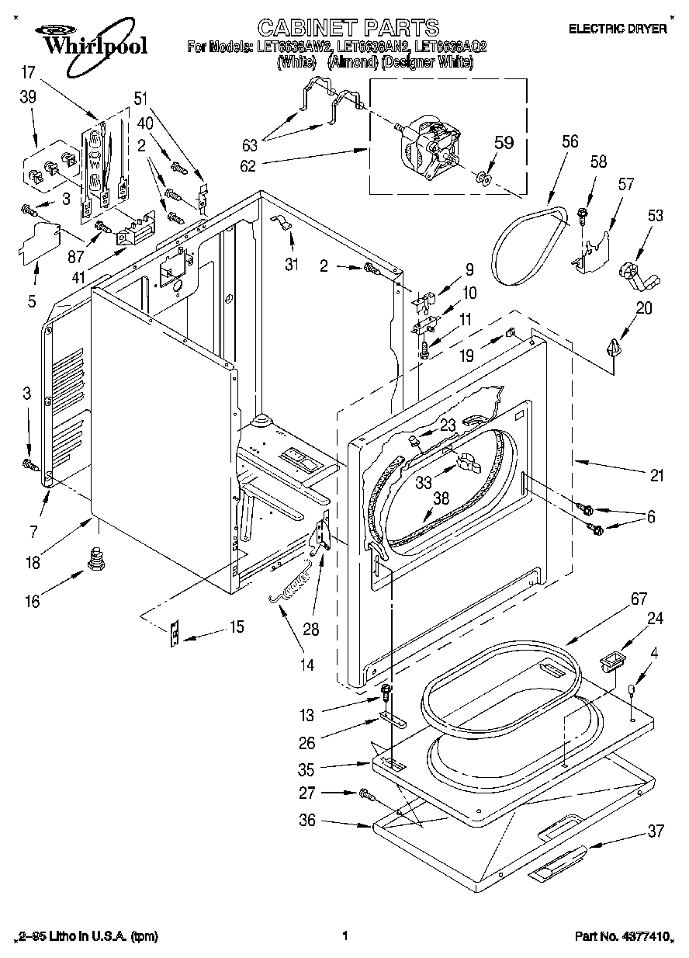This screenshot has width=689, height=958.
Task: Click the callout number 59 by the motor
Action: [x=504, y=143]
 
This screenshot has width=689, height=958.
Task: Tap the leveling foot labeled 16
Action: [x=96, y=560]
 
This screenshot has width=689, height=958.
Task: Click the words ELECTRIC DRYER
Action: [x=618, y=30]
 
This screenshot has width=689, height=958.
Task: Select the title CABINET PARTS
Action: [x=348, y=28]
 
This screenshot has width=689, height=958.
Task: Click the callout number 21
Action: [x=656, y=476]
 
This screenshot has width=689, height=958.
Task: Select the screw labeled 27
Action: [x=365, y=794]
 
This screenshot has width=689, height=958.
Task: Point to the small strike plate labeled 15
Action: [x=175, y=634]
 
